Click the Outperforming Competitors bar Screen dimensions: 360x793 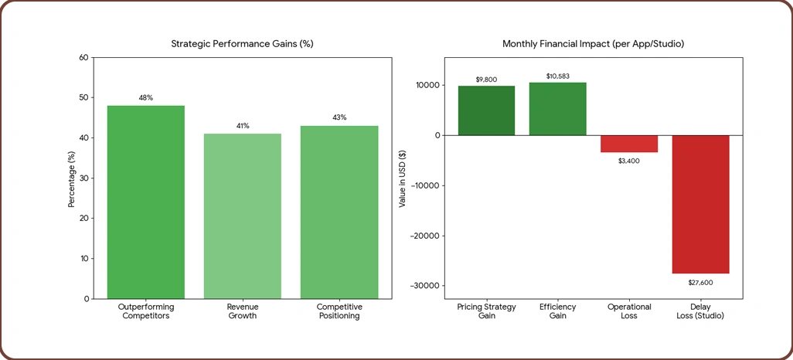145,202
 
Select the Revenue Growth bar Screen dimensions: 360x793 243,216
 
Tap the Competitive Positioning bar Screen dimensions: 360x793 339,212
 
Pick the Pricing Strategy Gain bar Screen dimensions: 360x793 486,110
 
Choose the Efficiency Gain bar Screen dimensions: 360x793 557,109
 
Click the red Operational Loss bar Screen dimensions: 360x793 629,144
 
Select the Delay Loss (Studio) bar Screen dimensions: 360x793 700,204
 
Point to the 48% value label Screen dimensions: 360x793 145,98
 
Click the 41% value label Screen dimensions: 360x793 243,126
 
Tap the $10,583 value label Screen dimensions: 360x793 557,76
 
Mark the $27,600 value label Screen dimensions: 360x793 700,283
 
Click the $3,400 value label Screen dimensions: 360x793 629,161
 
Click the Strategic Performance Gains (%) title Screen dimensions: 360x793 242,44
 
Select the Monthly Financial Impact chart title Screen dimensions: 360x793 593,44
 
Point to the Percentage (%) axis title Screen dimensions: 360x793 72,178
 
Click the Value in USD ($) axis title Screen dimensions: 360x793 402,178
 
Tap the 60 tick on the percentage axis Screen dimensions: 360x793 83,58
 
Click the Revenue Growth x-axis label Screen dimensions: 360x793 243,311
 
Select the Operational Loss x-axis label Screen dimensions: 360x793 629,311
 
